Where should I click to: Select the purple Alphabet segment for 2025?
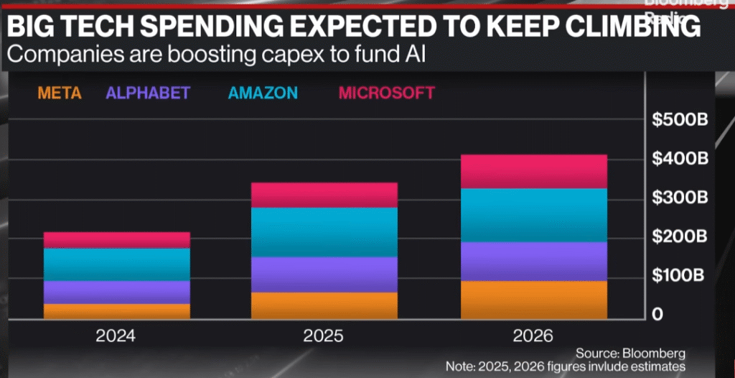tap(324, 274)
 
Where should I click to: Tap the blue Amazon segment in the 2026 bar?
tap(534, 215)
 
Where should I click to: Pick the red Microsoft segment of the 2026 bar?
tap(534, 171)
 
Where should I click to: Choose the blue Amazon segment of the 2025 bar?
tap(324, 231)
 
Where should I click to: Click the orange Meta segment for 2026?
tap(534, 299)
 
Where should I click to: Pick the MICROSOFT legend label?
tap(386, 93)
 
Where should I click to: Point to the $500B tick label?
tap(680, 119)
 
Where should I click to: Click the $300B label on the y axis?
tap(680, 198)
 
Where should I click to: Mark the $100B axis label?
tap(680, 275)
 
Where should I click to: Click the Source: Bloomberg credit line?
tap(630, 353)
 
